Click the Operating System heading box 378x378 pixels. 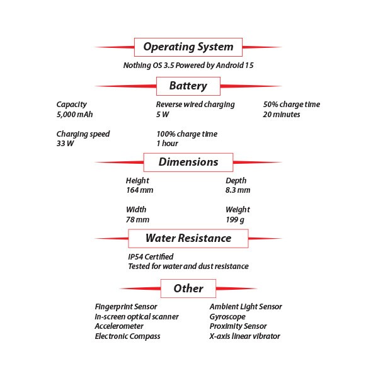tap(188, 47)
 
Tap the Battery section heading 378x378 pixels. tap(188, 86)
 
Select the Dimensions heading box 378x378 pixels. tap(188, 163)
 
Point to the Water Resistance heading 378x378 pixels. tap(188, 238)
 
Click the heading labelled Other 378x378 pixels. tap(188, 289)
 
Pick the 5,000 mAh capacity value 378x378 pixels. tap(74, 115)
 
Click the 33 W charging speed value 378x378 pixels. tap(65, 144)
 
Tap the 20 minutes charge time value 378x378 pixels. tap(282, 114)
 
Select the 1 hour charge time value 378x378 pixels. tap(168, 144)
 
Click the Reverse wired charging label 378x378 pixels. tap(195, 105)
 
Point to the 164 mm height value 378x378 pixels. tap(140, 190)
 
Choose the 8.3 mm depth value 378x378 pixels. tap(238, 190)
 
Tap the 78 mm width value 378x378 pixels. tap(137, 220)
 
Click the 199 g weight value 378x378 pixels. tap(235, 220)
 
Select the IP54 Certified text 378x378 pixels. tap(151, 257)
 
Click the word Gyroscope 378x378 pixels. tap(227, 317)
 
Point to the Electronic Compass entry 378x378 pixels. tap(127, 336)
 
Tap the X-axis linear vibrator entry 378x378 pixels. tap(244, 336)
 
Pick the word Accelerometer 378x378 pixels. tap(119, 326)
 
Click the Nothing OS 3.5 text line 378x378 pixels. tap(188, 66)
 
